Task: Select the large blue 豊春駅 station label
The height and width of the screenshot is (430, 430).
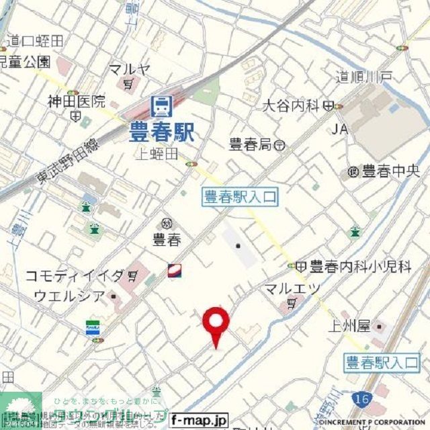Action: pyautogui.click(x=161, y=130)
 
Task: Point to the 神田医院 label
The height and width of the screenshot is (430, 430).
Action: pyautogui.click(x=76, y=102)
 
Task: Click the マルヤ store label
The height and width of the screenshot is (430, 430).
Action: pyautogui.click(x=130, y=69)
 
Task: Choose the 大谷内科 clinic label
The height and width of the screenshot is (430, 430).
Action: pyautogui.click(x=290, y=105)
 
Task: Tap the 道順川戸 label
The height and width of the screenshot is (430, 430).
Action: pyautogui.click(x=365, y=78)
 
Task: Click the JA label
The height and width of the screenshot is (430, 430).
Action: pyautogui.click(x=339, y=128)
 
